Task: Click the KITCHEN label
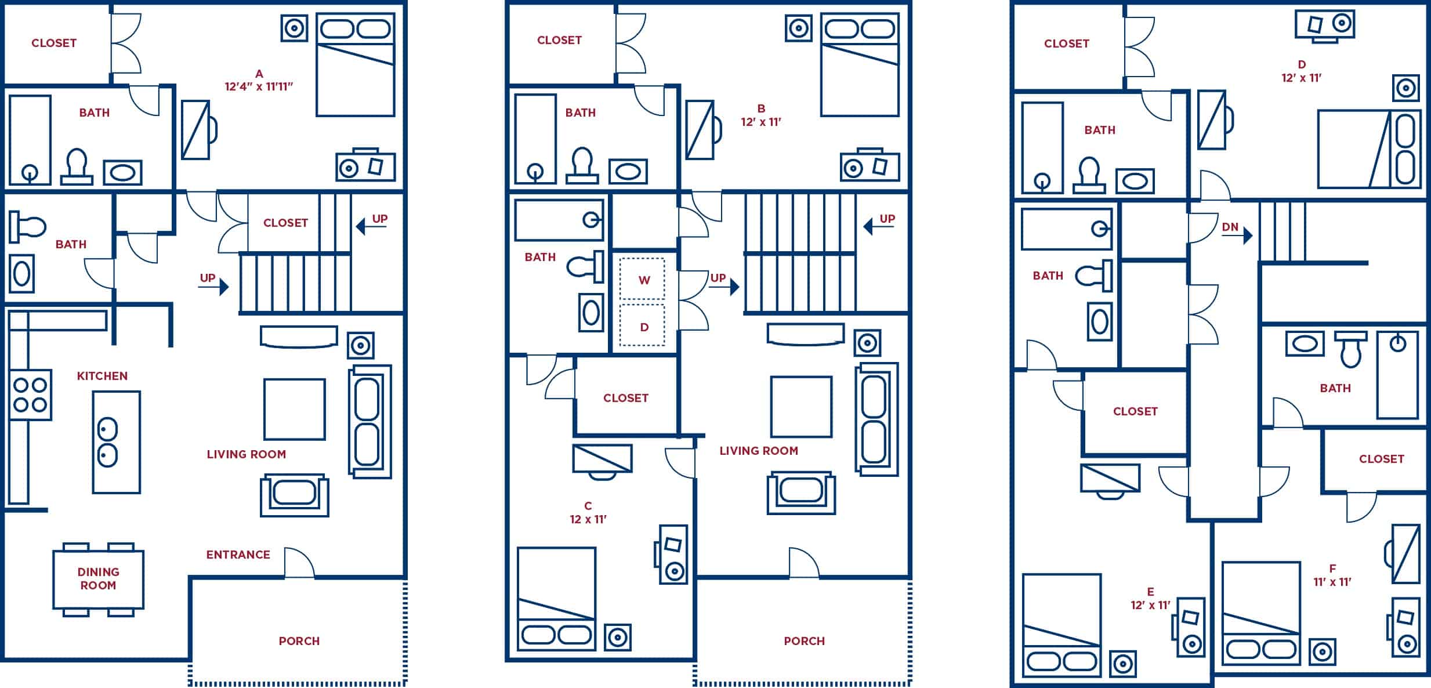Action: pos(102,376)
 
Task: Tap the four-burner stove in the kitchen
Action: pos(30,394)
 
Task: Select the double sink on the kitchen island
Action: pos(108,442)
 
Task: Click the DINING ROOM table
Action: pos(98,578)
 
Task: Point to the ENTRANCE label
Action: pos(238,555)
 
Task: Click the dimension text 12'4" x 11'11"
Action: pos(259,87)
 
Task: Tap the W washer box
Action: pos(643,280)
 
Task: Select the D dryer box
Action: pos(643,327)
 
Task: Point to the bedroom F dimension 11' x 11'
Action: pos(1332,582)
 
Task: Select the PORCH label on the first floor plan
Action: pos(299,641)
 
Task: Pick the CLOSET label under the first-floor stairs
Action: pos(285,223)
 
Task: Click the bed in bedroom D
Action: pos(1369,149)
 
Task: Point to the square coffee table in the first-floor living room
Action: pos(294,409)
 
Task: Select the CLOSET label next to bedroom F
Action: pos(1381,459)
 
